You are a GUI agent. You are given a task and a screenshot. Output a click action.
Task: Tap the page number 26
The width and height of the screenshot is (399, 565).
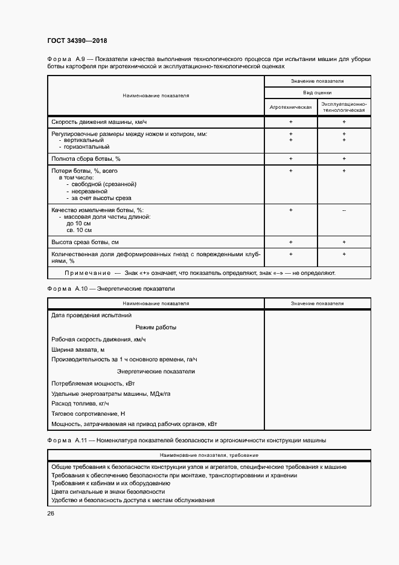click(51, 513)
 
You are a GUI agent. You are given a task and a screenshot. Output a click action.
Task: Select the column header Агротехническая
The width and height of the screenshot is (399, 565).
click(291, 106)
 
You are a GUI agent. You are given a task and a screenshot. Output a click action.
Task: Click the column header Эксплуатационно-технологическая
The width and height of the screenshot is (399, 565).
click(343, 107)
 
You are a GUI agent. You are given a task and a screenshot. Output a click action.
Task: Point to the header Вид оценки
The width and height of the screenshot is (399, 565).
click(317, 92)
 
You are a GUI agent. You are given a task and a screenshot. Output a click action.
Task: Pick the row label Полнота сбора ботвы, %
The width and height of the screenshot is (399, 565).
click(86, 158)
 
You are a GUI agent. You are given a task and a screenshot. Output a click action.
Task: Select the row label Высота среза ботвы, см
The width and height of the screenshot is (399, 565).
click(85, 242)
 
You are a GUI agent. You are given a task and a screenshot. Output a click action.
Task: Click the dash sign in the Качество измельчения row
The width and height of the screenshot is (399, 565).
click(343, 210)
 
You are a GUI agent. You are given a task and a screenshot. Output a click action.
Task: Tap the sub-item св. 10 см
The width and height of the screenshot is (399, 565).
click(79, 230)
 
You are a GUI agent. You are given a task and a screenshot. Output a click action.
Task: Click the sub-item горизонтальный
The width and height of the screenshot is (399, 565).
click(86, 146)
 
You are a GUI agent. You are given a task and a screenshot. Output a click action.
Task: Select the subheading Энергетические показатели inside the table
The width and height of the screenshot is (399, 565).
click(156, 371)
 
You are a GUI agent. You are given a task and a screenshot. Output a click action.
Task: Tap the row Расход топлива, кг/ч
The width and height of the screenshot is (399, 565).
click(80, 403)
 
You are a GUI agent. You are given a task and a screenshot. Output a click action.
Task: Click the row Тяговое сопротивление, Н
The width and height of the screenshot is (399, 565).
click(88, 413)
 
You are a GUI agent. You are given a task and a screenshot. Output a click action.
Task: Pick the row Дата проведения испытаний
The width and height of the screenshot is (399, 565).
click(92, 315)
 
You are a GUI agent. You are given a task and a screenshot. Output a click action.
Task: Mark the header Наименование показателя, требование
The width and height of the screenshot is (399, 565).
click(209, 454)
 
